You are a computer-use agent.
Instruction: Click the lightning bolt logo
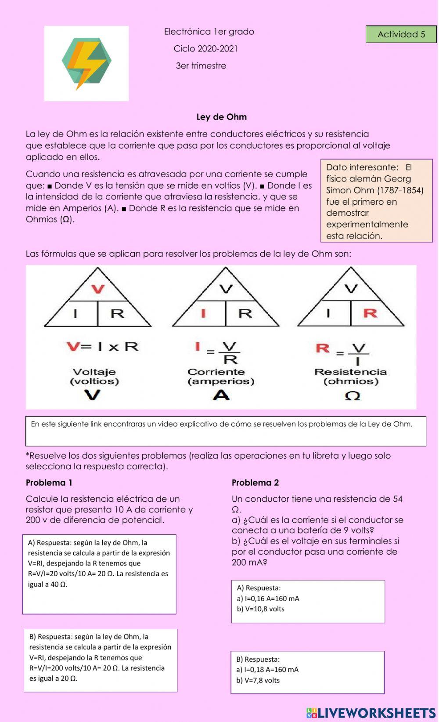pos(86,63)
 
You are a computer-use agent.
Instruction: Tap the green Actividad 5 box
pos(401,34)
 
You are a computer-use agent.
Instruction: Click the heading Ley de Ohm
pos(221,117)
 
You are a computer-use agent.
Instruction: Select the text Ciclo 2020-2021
pos(205,49)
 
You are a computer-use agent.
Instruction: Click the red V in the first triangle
pos(97,289)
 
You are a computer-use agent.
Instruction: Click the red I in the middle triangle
pos(203,313)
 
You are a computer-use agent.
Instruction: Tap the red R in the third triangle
pos(370,313)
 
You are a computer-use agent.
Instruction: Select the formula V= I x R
pos(103,347)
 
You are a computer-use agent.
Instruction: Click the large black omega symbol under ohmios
pos(352,396)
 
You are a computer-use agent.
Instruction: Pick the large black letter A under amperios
pos(221,395)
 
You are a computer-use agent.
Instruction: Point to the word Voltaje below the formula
pos(94,372)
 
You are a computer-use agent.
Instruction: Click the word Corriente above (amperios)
pos(216,372)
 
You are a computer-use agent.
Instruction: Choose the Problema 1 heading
pos(49,483)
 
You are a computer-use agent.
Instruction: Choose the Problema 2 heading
pos(255,483)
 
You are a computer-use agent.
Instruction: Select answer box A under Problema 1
pos(99,574)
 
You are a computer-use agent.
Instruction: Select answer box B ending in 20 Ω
pos(101,660)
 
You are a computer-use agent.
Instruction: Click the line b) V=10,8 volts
pos(260,609)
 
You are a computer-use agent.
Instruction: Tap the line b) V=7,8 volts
pos(258,680)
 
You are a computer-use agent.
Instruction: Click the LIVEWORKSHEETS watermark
pos(371,712)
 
